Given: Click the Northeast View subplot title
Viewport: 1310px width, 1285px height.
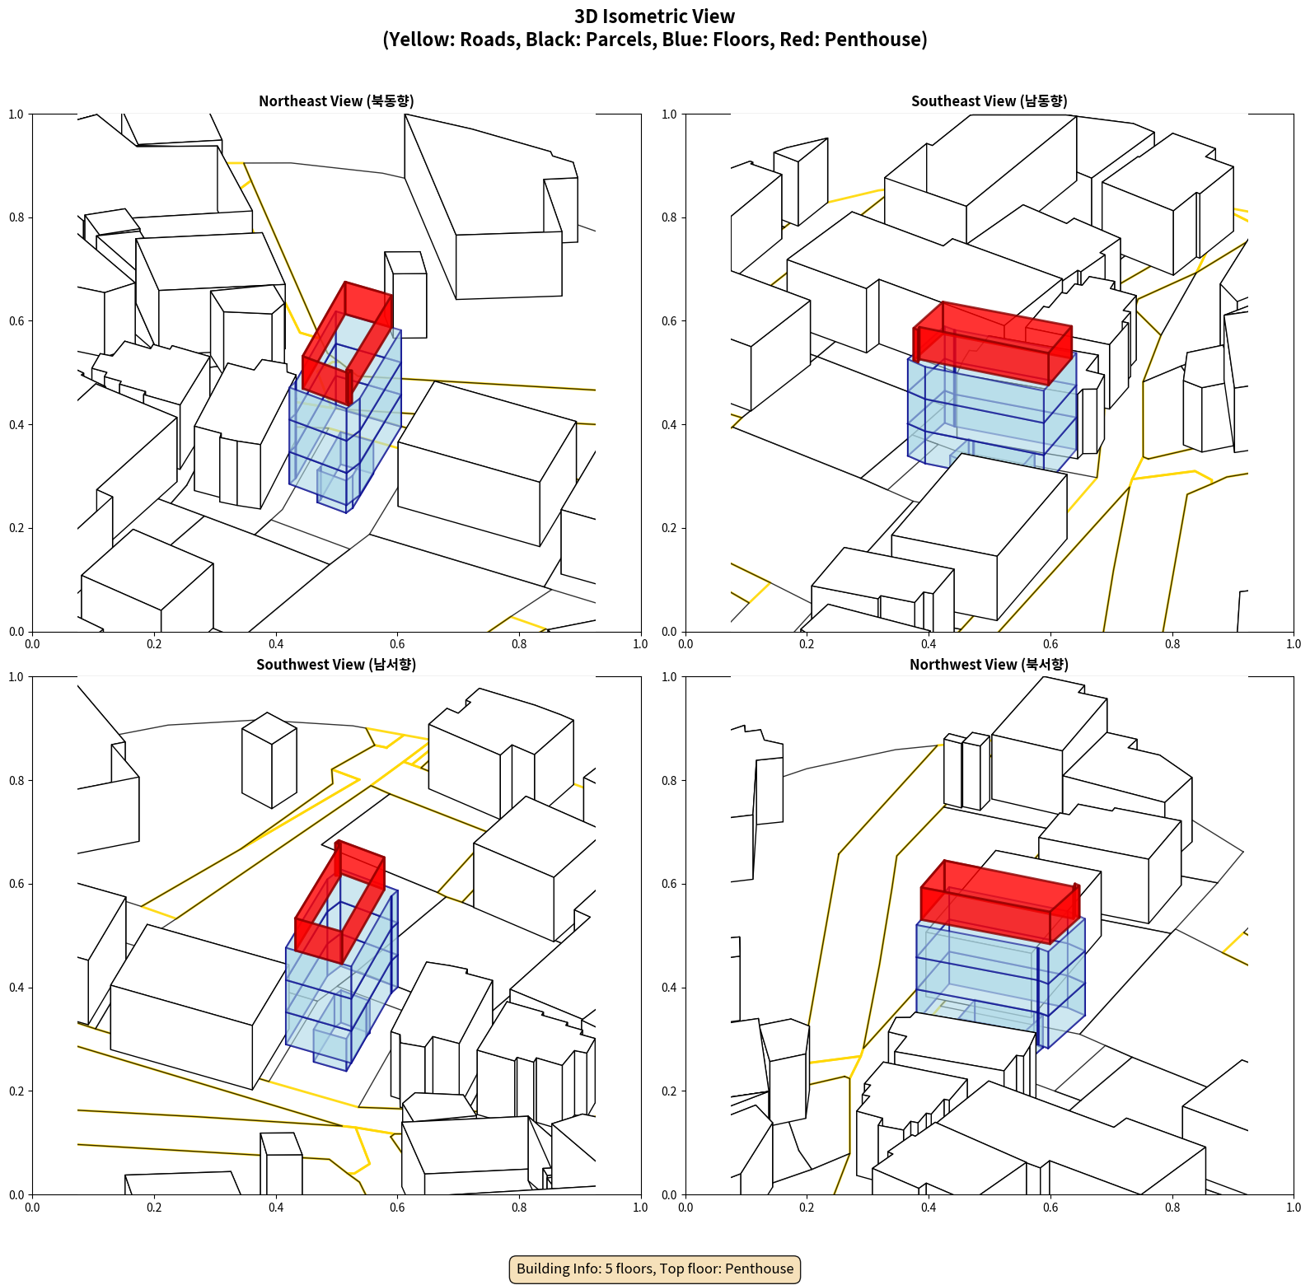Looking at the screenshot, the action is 336,101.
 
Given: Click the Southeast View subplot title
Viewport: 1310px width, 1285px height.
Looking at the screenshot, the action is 989,101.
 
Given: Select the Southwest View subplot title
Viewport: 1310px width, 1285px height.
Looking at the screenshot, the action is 336,665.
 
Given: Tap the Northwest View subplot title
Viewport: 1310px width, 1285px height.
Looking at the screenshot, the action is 989,665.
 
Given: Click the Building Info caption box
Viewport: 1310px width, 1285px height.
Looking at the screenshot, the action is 655,1269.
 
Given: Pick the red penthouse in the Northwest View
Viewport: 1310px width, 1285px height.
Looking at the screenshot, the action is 999,902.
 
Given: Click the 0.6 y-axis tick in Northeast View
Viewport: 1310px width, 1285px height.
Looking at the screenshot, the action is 16,321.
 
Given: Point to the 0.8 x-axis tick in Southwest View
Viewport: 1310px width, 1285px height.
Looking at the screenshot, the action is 519,1208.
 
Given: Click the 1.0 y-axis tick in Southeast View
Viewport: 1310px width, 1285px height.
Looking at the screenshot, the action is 669,114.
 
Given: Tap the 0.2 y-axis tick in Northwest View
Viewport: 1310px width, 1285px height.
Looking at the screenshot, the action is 669,1091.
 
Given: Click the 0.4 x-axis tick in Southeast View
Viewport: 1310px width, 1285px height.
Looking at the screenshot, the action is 929,644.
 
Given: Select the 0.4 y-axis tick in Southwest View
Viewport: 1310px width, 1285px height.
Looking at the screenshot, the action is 16,988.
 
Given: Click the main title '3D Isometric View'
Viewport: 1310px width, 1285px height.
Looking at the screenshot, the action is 655,16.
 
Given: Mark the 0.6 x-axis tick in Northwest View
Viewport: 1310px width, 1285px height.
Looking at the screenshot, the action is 1050,1208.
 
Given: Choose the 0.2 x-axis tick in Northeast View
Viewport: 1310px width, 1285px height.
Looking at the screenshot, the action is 154,644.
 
